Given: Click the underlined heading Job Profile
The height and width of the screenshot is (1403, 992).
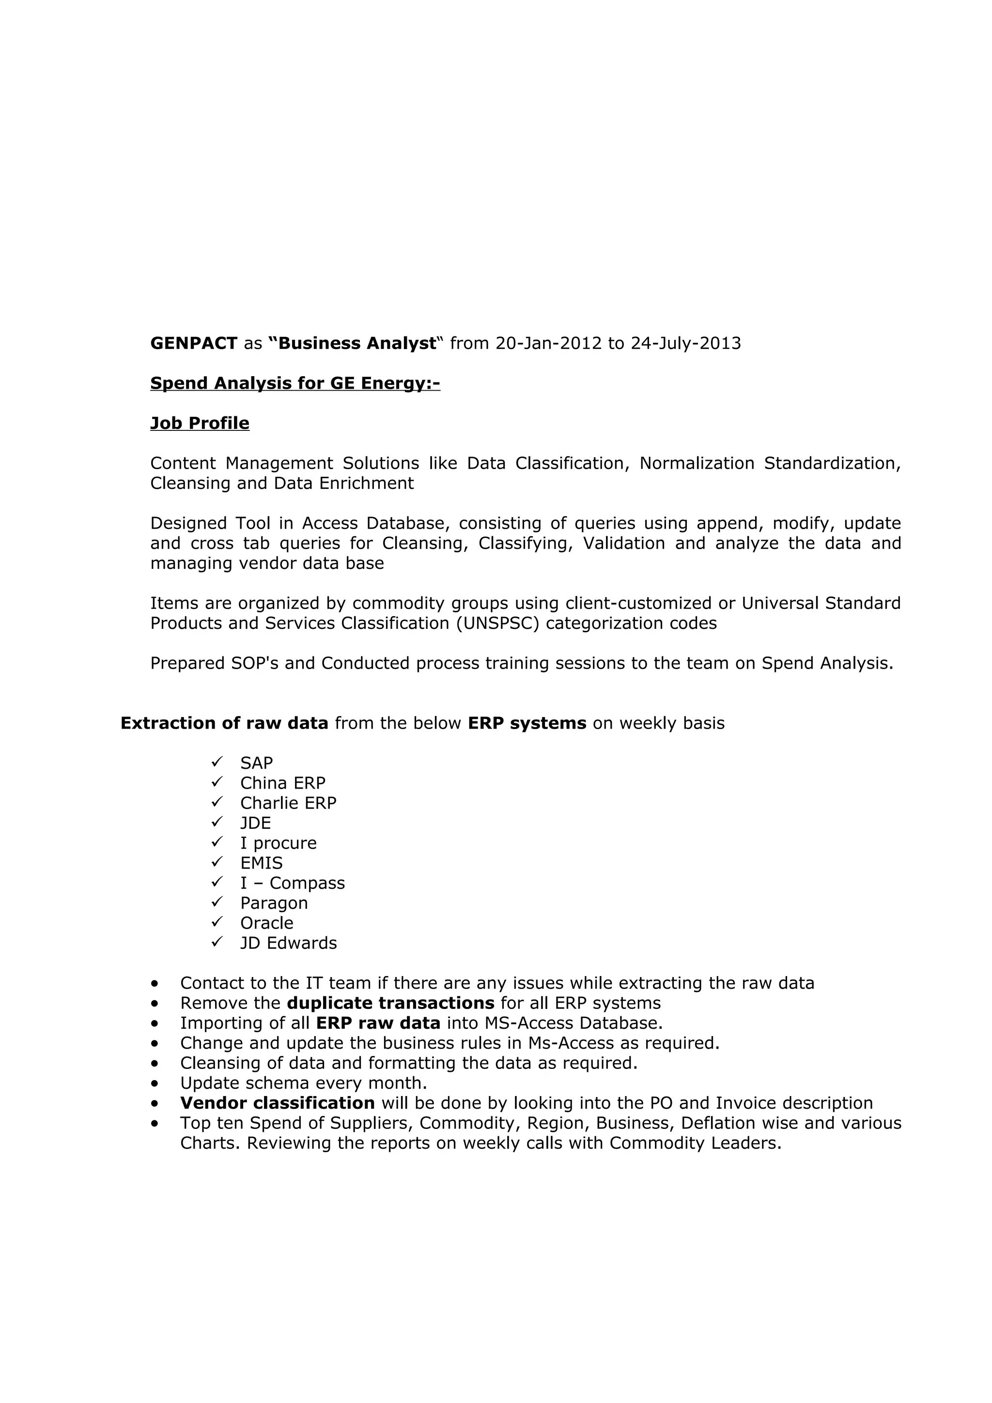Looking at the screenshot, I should tap(200, 424).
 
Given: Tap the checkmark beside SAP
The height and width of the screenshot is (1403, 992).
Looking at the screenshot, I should tap(217, 762).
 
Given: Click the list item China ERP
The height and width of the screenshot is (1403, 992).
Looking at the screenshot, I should tap(282, 783).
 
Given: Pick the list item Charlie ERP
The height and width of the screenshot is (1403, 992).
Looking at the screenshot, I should tap(288, 803).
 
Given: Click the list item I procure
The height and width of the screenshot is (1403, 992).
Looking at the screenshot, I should tap(278, 843).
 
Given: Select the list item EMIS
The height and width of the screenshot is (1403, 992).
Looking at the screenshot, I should tap(261, 863).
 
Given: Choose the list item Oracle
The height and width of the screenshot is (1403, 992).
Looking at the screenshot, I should tap(266, 923).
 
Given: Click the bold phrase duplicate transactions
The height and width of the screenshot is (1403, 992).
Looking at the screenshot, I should tap(390, 1004).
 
